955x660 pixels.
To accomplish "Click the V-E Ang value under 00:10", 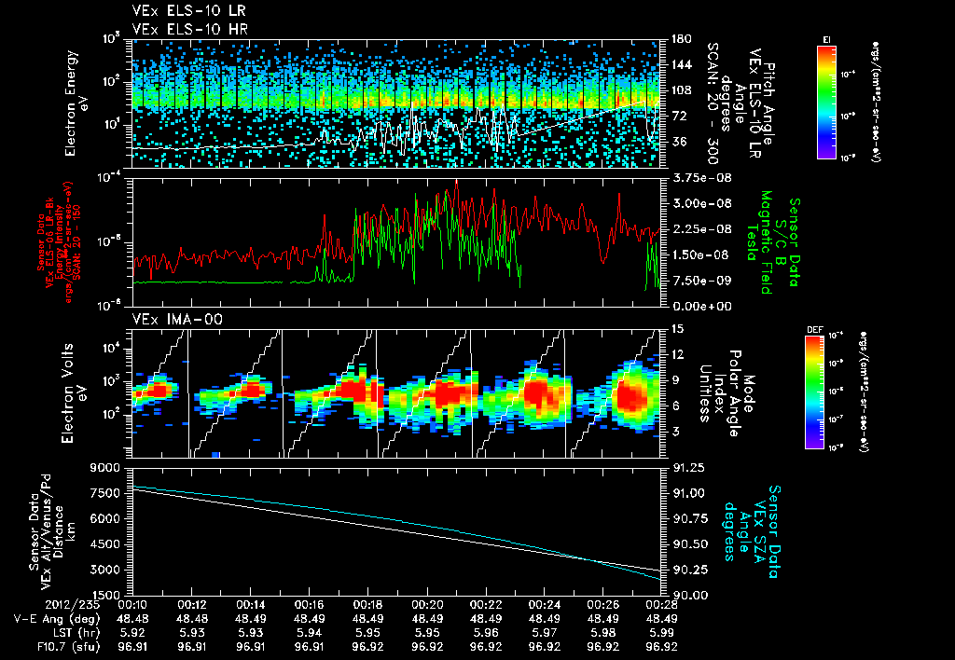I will click(x=133, y=617).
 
